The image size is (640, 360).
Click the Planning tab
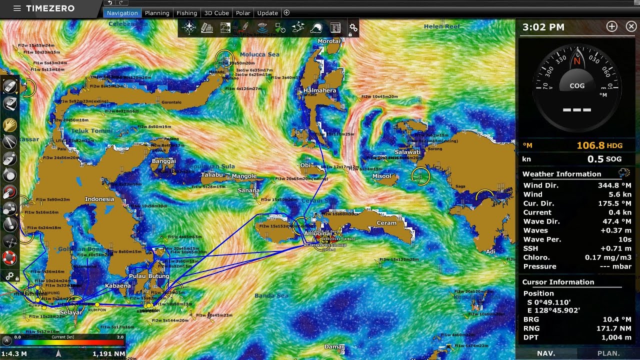[157, 13]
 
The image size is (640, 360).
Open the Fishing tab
[187, 13]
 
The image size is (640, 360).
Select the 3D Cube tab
[216, 13]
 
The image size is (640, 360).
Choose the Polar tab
[243, 13]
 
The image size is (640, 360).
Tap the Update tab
[267, 13]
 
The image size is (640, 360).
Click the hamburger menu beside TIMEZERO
[17, 8]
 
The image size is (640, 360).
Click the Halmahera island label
[319, 90]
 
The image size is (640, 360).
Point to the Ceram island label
[386, 223]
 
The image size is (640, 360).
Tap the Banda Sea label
[271, 295]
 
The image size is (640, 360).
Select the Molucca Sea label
[259, 54]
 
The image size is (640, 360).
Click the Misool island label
[382, 176]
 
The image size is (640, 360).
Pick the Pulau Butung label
[149, 276]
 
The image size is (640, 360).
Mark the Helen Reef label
[441, 26]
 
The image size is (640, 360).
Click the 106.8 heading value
[590, 145]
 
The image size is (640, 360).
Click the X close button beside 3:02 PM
[631, 27]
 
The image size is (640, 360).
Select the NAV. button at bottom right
[546, 353]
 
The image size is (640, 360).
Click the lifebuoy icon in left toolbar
[10, 258]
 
